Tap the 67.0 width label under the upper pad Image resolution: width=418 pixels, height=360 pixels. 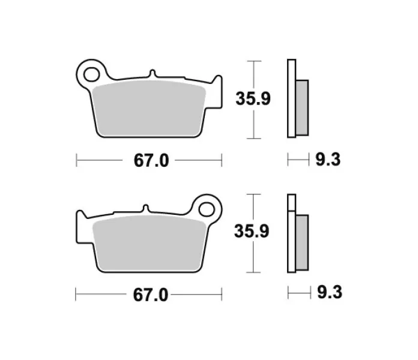[x=151, y=161]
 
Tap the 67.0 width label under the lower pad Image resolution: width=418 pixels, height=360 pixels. [x=151, y=295]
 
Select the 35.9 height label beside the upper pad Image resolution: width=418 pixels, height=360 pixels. [x=253, y=98]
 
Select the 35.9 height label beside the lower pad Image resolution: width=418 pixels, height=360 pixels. [x=252, y=231]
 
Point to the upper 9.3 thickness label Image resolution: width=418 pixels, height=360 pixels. [x=328, y=160]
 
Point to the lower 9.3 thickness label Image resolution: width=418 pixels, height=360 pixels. [x=330, y=292]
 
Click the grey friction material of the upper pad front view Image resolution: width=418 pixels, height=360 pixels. [x=150, y=109]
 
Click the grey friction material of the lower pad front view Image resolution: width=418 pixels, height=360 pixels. [x=150, y=244]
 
